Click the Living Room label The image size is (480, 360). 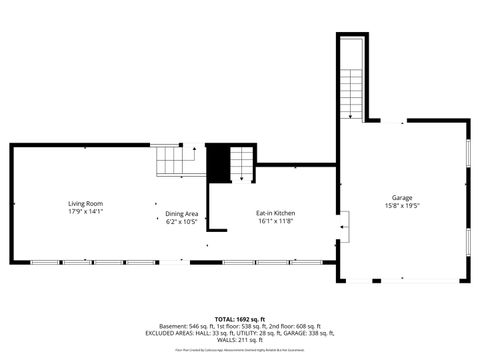pyautogui.click(x=85, y=203)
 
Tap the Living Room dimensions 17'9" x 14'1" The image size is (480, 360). pyautogui.click(x=85, y=211)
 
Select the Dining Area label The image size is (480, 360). pyautogui.click(x=181, y=213)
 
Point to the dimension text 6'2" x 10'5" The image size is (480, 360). pyautogui.click(x=181, y=221)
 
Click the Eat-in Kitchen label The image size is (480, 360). pyautogui.click(x=274, y=213)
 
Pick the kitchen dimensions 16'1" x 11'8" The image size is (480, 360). pyautogui.click(x=274, y=221)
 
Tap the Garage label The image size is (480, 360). pyautogui.click(x=402, y=197)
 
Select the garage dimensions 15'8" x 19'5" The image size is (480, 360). pyautogui.click(x=402, y=206)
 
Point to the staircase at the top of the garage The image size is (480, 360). pyautogui.click(x=352, y=80)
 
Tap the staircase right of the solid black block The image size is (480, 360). pyautogui.click(x=242, y=162)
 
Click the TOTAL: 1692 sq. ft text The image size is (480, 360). pyautogui.click(x=240, y=318)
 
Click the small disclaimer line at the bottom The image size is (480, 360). pyautogui.click(x=240, y=350)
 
